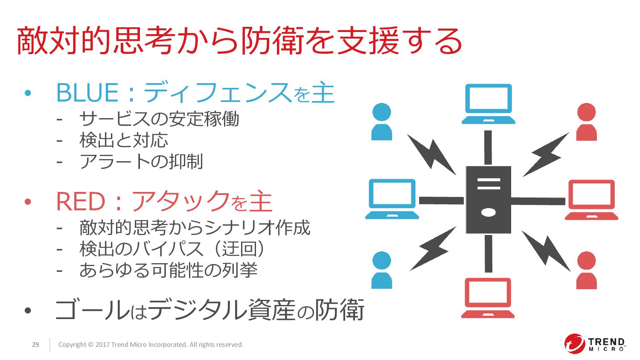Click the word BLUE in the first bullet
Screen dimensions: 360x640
[x=87, y=93]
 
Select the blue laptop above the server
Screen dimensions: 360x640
[x=488, y=104]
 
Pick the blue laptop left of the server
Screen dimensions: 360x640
[x=392, y=199]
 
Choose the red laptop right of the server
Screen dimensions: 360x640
[x=591, y=200]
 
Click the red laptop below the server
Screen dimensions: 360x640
[x=488, y=298]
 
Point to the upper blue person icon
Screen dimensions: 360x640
[x=381, y=122]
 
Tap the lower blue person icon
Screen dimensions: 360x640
[x=381, y=270]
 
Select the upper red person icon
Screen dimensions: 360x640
[x=587, y=122]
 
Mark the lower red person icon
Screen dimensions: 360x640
[x=587, y=270]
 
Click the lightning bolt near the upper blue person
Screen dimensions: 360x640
[x=431, y=154]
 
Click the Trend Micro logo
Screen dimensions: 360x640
[x=595, y=344]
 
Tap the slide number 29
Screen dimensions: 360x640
[x=35, y=345]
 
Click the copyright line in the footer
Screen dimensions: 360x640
[x=151, y=345]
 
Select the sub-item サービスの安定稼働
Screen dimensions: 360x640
[x=159, y=119]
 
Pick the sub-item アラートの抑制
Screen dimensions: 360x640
[x=141, y=162]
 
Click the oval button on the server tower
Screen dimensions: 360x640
[x=488, y=212]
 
